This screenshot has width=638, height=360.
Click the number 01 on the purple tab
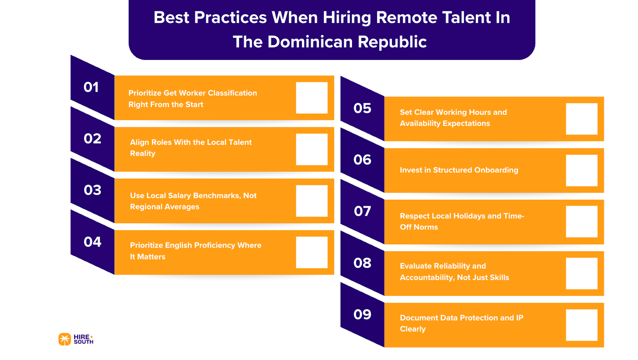click(91, 87)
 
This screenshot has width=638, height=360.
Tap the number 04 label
click(93, 242)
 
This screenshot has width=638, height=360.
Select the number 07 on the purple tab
click(362, 211)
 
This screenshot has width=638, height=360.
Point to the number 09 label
click(362, 315)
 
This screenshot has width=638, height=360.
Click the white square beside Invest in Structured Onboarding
click(581, 170)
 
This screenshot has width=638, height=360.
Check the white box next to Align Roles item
click(311, 149)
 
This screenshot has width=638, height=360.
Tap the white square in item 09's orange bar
click(581, 325)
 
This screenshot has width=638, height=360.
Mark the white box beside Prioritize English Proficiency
click(311, 252)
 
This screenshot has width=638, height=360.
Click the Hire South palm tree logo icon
click(65, 339)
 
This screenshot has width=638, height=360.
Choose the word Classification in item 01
click(232, 93)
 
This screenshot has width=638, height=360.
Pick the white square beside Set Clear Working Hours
click(581, 119)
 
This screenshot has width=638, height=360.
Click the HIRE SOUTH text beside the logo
click(83, 339)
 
